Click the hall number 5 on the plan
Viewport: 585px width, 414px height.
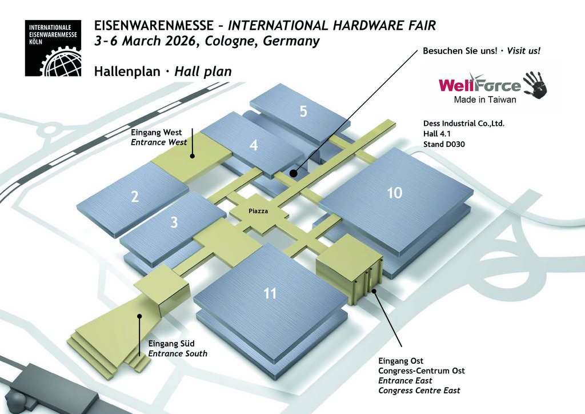303,112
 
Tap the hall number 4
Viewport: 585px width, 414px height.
254,146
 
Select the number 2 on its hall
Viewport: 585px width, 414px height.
135,197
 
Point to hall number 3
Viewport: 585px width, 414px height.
174,222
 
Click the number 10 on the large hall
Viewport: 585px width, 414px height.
394,193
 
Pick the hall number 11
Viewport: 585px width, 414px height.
270,294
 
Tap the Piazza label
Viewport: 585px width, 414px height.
258,212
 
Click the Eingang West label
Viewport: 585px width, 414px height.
157,133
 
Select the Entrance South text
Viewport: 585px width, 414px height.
178,353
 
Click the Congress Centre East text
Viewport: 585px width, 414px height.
419,391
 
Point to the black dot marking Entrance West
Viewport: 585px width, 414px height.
193,155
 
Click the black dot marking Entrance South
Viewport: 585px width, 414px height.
139,316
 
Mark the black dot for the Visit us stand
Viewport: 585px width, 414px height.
292,173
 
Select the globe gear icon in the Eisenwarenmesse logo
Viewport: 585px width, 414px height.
61,62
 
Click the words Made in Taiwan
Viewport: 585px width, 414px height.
484,99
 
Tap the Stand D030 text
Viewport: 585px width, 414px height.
444,144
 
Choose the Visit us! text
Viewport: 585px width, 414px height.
523,51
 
